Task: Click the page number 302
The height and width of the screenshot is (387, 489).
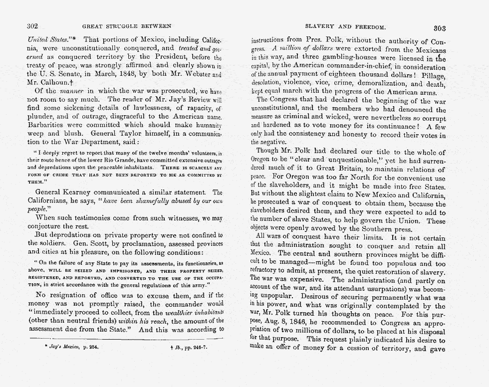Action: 32,26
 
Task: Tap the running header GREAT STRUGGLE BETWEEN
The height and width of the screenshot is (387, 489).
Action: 126,26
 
